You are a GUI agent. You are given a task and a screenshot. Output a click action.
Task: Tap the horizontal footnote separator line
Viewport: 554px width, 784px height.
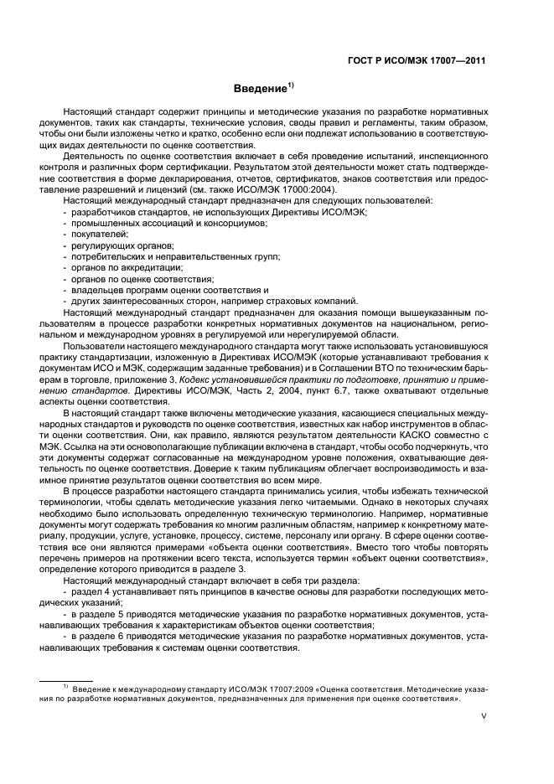pos(66,678)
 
